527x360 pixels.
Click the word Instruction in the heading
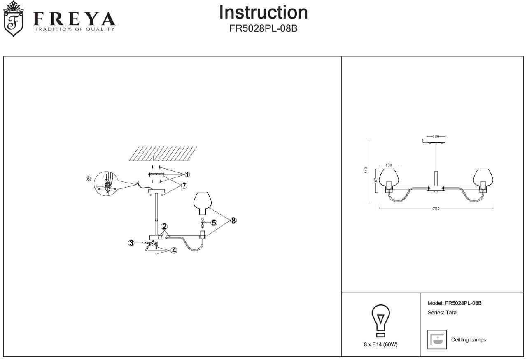coord(263,12)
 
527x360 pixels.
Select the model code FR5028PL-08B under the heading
coord(263,30)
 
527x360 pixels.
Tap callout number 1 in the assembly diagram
coord(187,174)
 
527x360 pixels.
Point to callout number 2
coord(164,226)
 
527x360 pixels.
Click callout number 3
coord(131,243)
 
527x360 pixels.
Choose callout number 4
coord(174,250)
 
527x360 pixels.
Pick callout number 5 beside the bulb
coord(214,223)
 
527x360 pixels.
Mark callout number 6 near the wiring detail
coord(88,179)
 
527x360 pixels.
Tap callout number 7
coord(184,186)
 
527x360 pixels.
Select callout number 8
coord(233,221)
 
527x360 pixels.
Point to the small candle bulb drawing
coord(202,223)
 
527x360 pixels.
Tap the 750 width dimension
coord(436,209)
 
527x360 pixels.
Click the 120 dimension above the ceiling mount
coord(436,136)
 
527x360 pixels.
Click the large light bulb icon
coord(381,321)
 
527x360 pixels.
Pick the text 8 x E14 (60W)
coord(381,344)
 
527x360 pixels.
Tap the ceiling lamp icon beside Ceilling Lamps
coord(437,340)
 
